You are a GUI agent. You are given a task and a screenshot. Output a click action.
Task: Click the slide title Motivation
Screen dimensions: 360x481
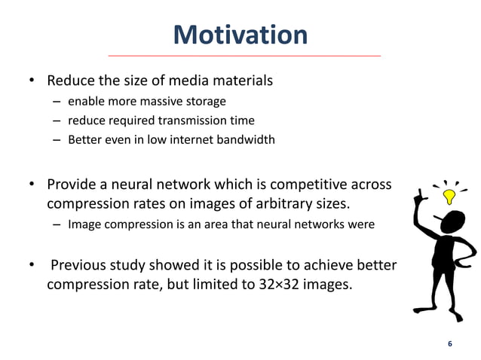[x=240, y=35]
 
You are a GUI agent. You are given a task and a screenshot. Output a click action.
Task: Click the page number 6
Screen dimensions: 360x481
[x=450, y=343]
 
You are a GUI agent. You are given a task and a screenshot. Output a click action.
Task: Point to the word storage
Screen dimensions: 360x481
[x=205, y=102]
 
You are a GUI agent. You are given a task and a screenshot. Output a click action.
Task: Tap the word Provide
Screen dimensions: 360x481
[x=73, y=185]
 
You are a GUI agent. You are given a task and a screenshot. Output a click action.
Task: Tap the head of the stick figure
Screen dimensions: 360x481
[x=452, y=223]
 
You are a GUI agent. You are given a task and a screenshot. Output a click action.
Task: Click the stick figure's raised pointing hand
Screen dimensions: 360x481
[x=423, y=197]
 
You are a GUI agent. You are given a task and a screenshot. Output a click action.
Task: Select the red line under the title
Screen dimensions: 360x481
[x=244, y=56]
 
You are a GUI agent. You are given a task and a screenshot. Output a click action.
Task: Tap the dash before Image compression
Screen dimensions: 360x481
[x=57, y=224]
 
